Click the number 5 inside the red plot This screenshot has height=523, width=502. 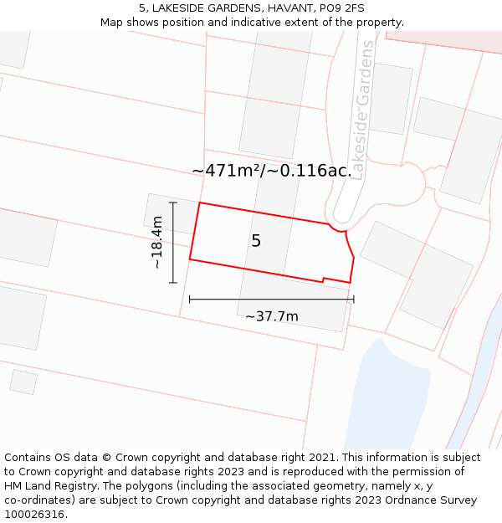click(256, 241)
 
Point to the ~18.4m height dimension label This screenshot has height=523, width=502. click(156, 242)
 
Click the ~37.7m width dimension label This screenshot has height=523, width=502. click(271, 316)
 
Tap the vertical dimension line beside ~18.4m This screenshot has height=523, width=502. click(173, 242)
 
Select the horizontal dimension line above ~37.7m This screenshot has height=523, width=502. click(271, 299)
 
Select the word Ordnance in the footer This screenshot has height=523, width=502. click(418, 500)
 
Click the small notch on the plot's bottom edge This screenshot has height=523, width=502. click(323, 279)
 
